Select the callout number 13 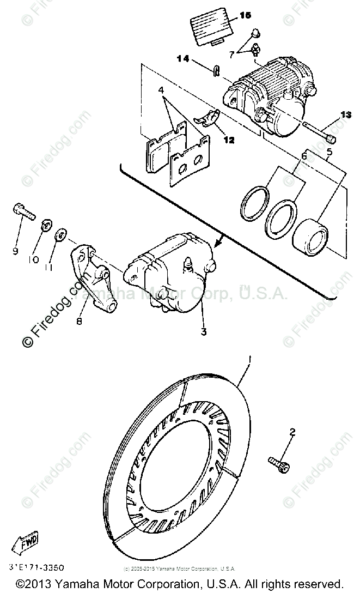(347, 114)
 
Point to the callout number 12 (228, 140)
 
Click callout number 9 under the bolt (16, 251)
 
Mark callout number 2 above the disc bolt (292, 433)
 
